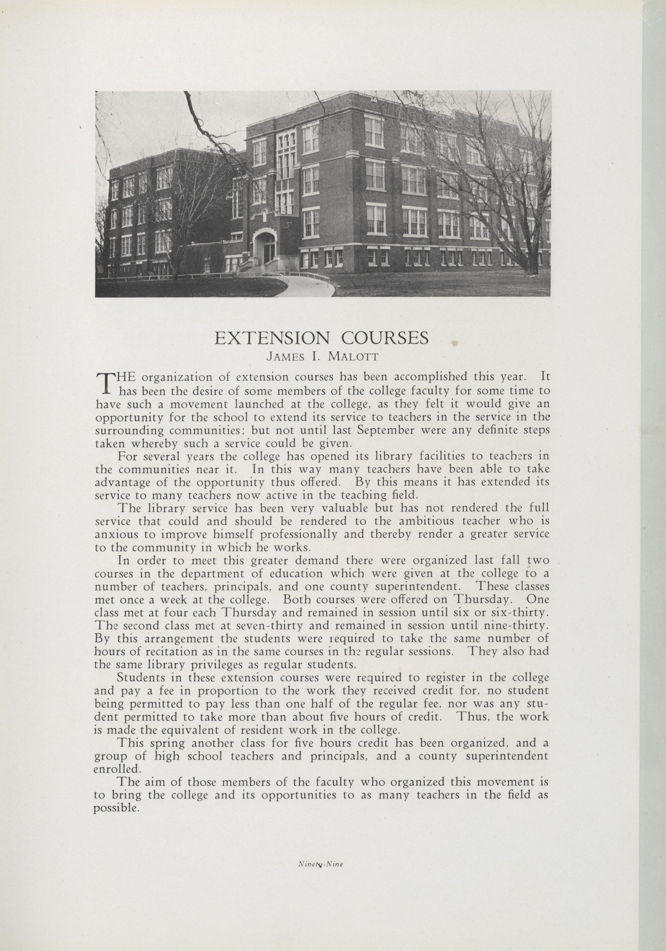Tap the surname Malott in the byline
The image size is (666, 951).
353,357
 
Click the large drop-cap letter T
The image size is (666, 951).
106,383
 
